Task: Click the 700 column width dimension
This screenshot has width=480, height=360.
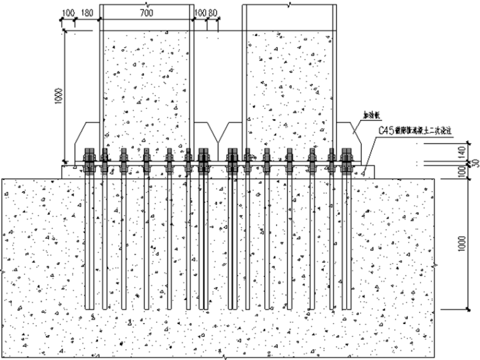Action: [147, 12]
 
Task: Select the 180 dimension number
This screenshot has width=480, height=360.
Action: [87, 12]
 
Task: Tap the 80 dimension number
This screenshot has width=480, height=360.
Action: [213, 12]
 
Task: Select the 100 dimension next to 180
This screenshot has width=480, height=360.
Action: [69, 12]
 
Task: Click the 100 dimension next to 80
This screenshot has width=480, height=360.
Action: [200, 12]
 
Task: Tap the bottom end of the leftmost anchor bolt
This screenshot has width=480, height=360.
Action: [89, 308]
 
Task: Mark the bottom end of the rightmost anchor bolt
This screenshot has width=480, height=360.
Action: [347, 308]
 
